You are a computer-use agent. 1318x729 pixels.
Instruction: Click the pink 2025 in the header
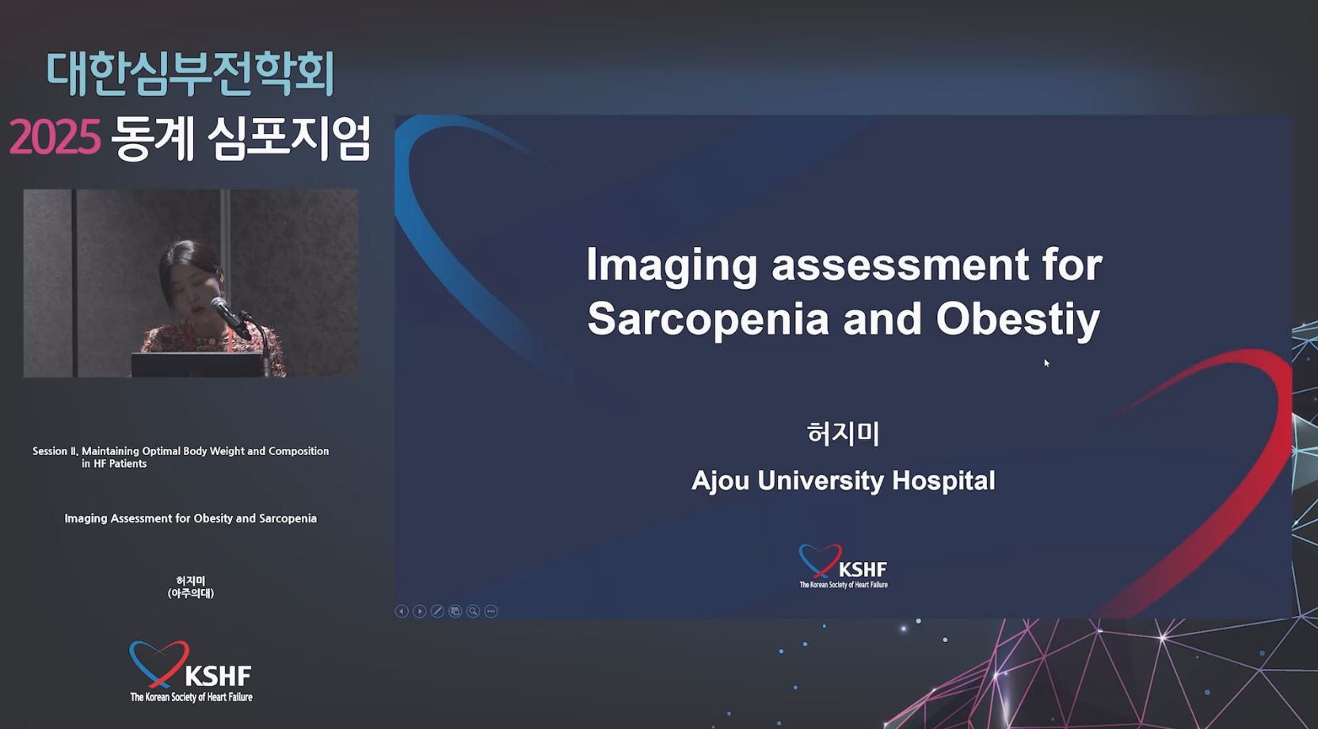[x=55, y=137]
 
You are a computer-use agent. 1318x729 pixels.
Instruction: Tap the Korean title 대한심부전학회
[x=191, y=74]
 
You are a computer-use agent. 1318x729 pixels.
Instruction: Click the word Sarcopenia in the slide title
[x=708, y=319]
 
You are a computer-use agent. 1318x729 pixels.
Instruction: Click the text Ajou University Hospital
[x=844, y=480]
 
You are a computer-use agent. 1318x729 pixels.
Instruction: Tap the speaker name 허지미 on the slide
[x=844, y=433]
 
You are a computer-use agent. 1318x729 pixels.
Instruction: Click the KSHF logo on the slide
[x=844, y=566]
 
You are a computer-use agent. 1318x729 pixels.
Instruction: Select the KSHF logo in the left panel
[x=191, y=671]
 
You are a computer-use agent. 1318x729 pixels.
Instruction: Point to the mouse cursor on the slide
[x=1047, y=363]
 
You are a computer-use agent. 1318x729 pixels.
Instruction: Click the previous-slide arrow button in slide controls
[x=402, y=611]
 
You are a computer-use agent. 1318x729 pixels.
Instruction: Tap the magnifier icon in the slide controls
[x=473, y=611]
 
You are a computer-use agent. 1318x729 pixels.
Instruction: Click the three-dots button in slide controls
[x=491, y=611]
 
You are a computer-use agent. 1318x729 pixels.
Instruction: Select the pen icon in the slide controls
[x=437, y=611]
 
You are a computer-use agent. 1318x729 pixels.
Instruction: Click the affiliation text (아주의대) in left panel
[x=191, y=593]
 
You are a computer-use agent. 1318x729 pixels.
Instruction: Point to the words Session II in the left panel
[x=55, y=451]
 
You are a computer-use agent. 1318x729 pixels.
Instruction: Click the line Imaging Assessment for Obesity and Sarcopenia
[x=191, y=518]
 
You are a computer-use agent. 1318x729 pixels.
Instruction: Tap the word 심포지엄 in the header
[x=289, y=139]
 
